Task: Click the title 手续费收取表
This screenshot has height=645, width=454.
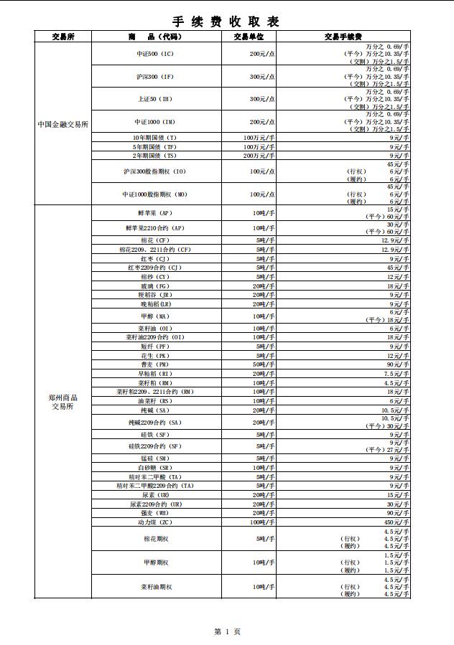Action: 226,22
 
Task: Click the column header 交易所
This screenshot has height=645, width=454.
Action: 63,36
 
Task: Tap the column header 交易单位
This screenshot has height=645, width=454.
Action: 249,36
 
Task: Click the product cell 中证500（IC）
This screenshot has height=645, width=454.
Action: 155,54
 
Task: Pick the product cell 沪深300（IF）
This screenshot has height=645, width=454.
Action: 155,76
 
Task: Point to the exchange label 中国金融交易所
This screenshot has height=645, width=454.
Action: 63,123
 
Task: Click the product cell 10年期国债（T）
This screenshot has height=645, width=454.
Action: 155,138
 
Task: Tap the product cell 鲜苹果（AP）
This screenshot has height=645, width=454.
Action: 155,213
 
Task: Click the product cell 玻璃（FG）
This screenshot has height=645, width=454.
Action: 155,286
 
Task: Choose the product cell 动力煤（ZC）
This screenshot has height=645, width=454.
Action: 155,523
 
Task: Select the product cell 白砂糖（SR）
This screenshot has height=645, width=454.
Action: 155,468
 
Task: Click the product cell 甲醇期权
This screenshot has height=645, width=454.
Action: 155,563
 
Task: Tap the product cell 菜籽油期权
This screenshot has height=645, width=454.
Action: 155,587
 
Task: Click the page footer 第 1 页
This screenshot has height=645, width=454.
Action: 227,631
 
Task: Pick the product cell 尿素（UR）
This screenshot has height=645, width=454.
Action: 155,495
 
